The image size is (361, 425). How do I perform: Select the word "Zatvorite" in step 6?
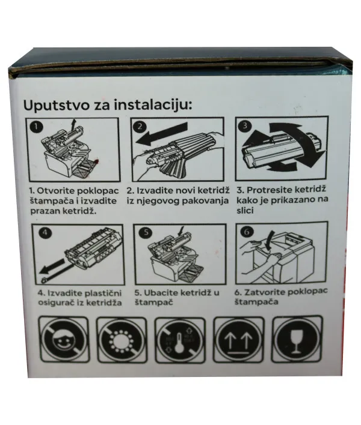(x=268, y=292)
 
